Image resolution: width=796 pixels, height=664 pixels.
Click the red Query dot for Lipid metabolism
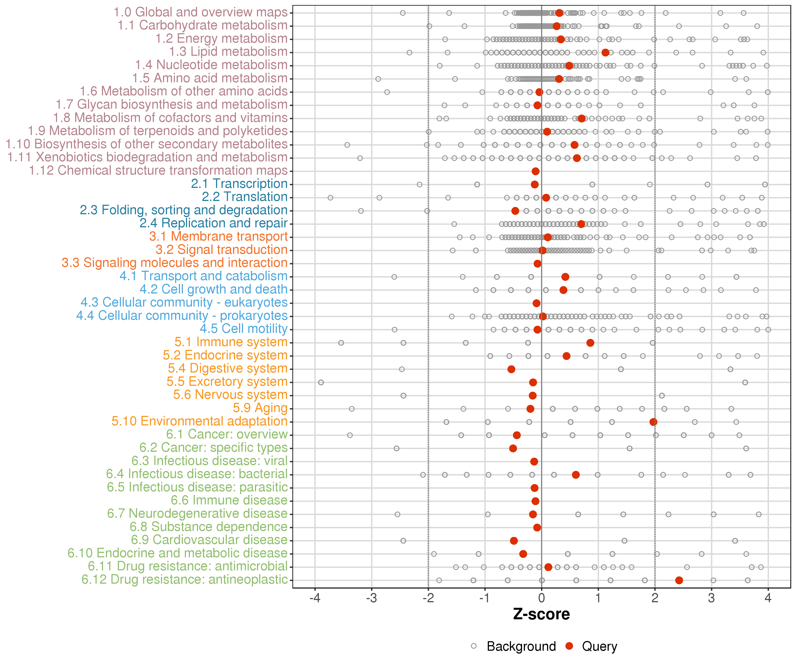pos(605,52)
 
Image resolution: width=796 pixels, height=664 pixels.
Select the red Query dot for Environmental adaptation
pos(653,422)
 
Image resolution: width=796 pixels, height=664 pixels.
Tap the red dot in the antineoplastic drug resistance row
pos(679,580)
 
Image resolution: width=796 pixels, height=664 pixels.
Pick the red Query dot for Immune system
pos(590,343)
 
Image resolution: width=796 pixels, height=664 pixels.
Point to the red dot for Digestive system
pos(511,369)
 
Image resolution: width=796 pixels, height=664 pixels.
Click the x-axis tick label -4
pos(315,598)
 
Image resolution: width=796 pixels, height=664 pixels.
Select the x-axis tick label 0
pos(541,598)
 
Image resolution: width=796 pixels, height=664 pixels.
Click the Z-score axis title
pos(541,614)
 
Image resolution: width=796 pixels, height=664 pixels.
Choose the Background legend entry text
pos(521,646)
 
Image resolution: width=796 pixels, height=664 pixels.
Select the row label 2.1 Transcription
pos(239,184)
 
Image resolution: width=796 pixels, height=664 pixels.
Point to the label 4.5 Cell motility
pos(244,329)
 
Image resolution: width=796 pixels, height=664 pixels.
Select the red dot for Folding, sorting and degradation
pos(515,210)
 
